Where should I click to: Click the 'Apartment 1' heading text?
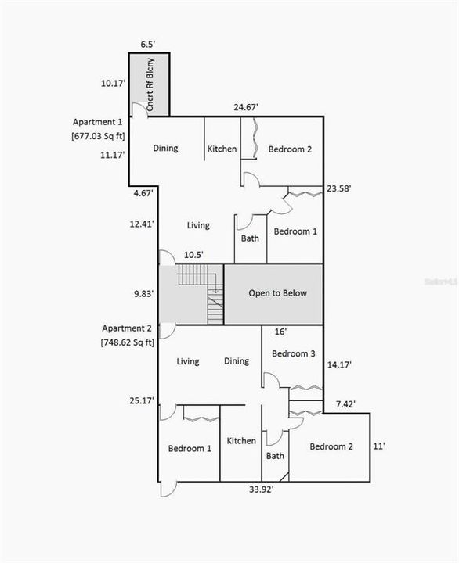click(x=98, y=123)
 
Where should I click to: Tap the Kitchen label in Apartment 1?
click(x=222, y=149)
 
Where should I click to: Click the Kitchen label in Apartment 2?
click(x=241, y=441)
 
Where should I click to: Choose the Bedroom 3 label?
click(x=293, y=353)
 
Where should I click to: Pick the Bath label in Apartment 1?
click(x=251, y=239)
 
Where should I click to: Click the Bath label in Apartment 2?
click(x=275, y=456)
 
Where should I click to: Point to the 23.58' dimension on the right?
click(x=338, y=188)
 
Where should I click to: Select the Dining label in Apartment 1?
click(x=165, y=149)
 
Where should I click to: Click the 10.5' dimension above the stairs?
click(x=193, y=255)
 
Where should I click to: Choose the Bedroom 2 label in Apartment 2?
click(x=331, y=446)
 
